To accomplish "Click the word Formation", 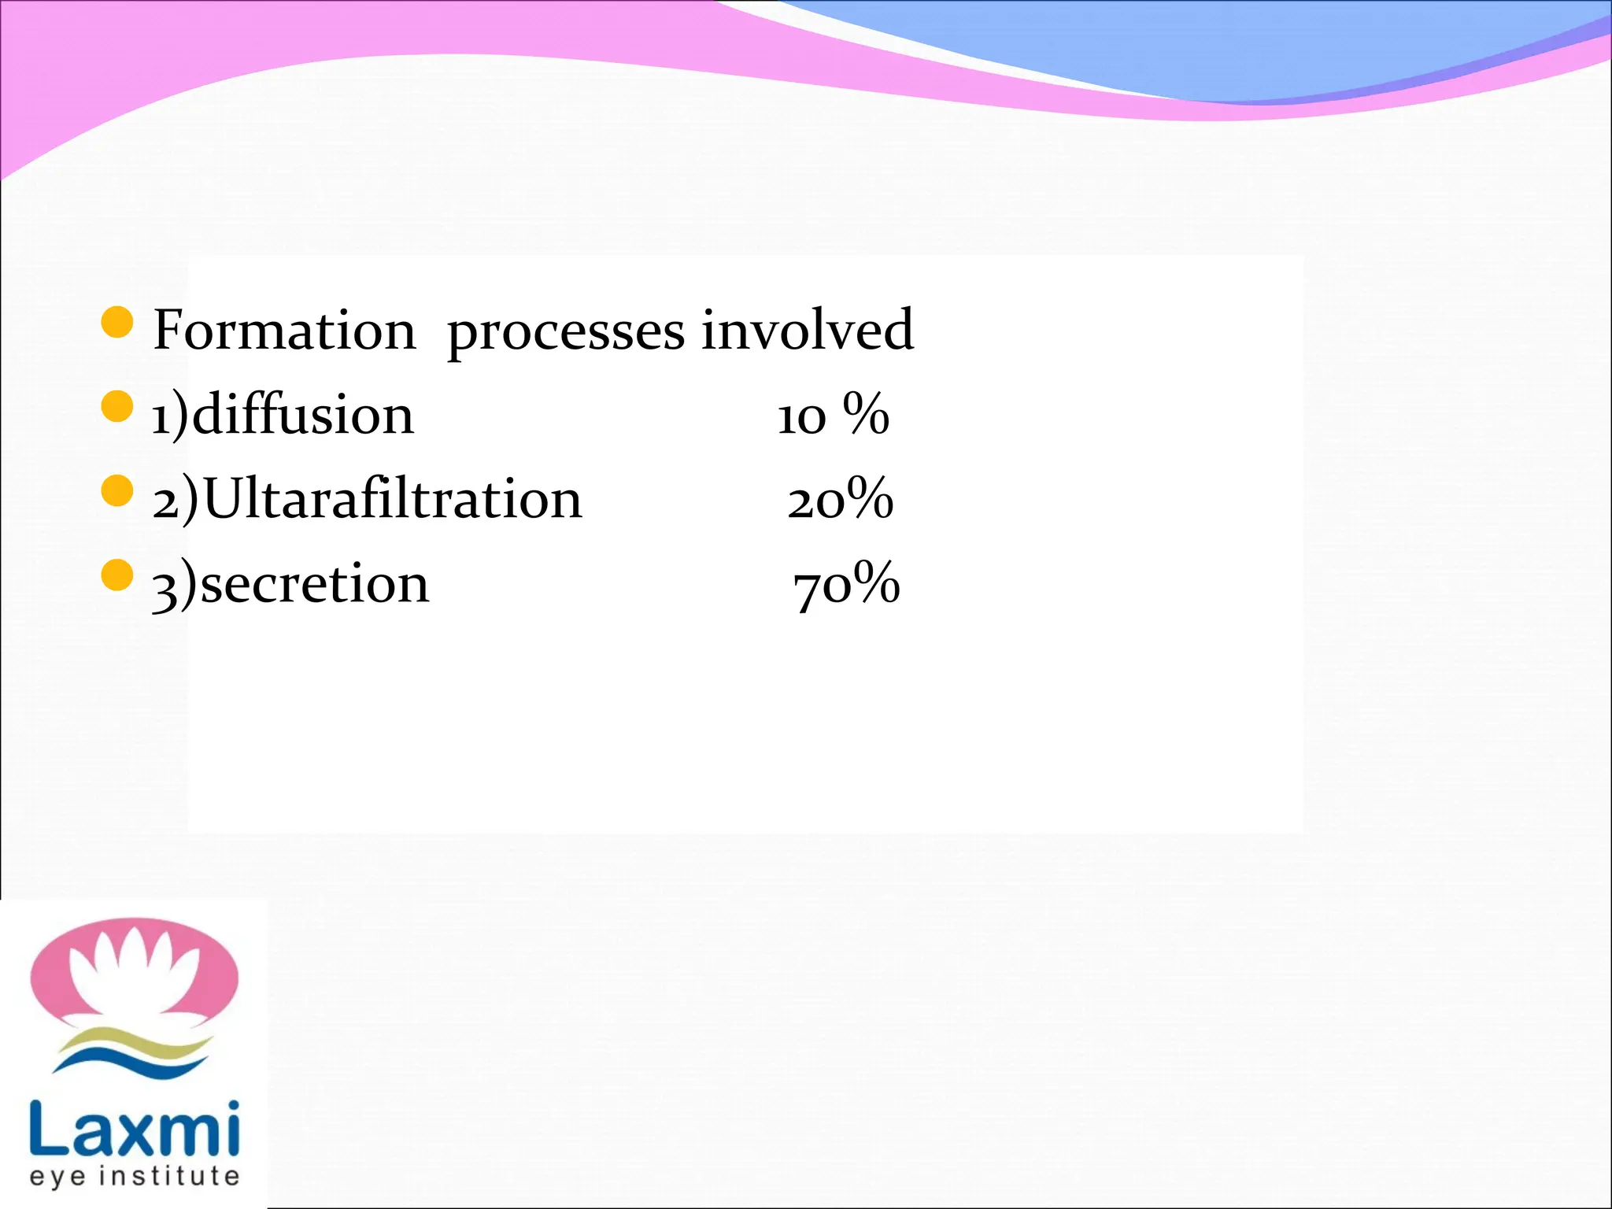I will coord(284,330).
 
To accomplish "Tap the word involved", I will coord(808,330).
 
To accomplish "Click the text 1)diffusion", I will coord(283,415).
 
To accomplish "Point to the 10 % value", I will coord(833,415).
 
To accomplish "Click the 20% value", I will coord(840,499).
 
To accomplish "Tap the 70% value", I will coord(846,584).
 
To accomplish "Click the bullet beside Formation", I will coord(117,323).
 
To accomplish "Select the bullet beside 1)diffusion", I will coord(117,407).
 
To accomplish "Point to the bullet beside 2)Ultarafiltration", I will coord(117,491).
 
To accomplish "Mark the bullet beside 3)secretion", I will coord(117,575).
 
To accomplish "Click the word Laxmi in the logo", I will coord(135,1129).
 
